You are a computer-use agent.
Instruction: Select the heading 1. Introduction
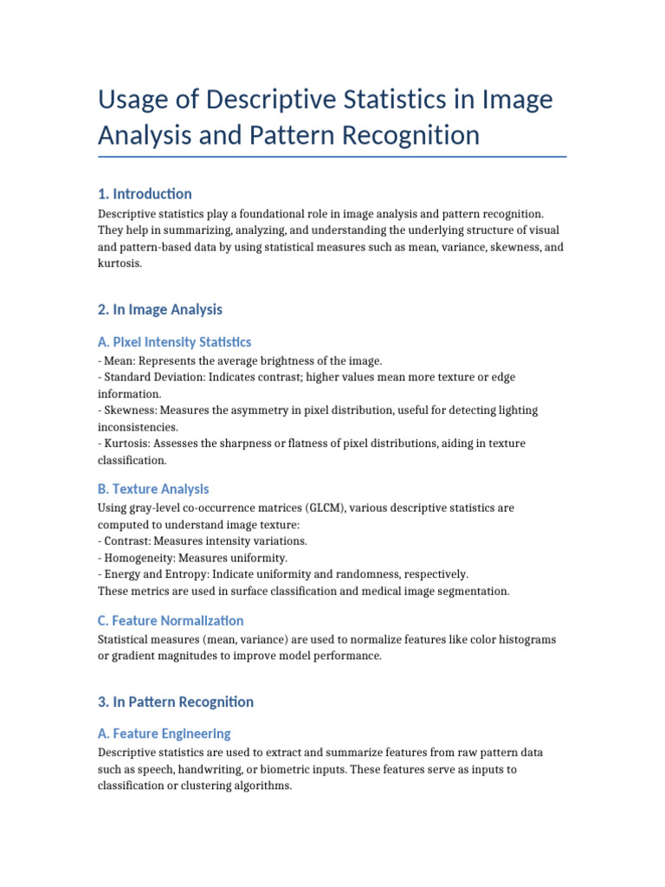[145, 193]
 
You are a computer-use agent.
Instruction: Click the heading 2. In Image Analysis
[160, 309]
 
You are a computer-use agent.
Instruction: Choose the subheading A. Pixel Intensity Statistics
[175, 342]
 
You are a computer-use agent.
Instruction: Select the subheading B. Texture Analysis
[153, 489]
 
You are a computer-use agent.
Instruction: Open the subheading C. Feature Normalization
[171, 620]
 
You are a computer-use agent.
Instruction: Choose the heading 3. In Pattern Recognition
[176, 702]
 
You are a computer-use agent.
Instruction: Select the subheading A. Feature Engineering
[165, 734]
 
